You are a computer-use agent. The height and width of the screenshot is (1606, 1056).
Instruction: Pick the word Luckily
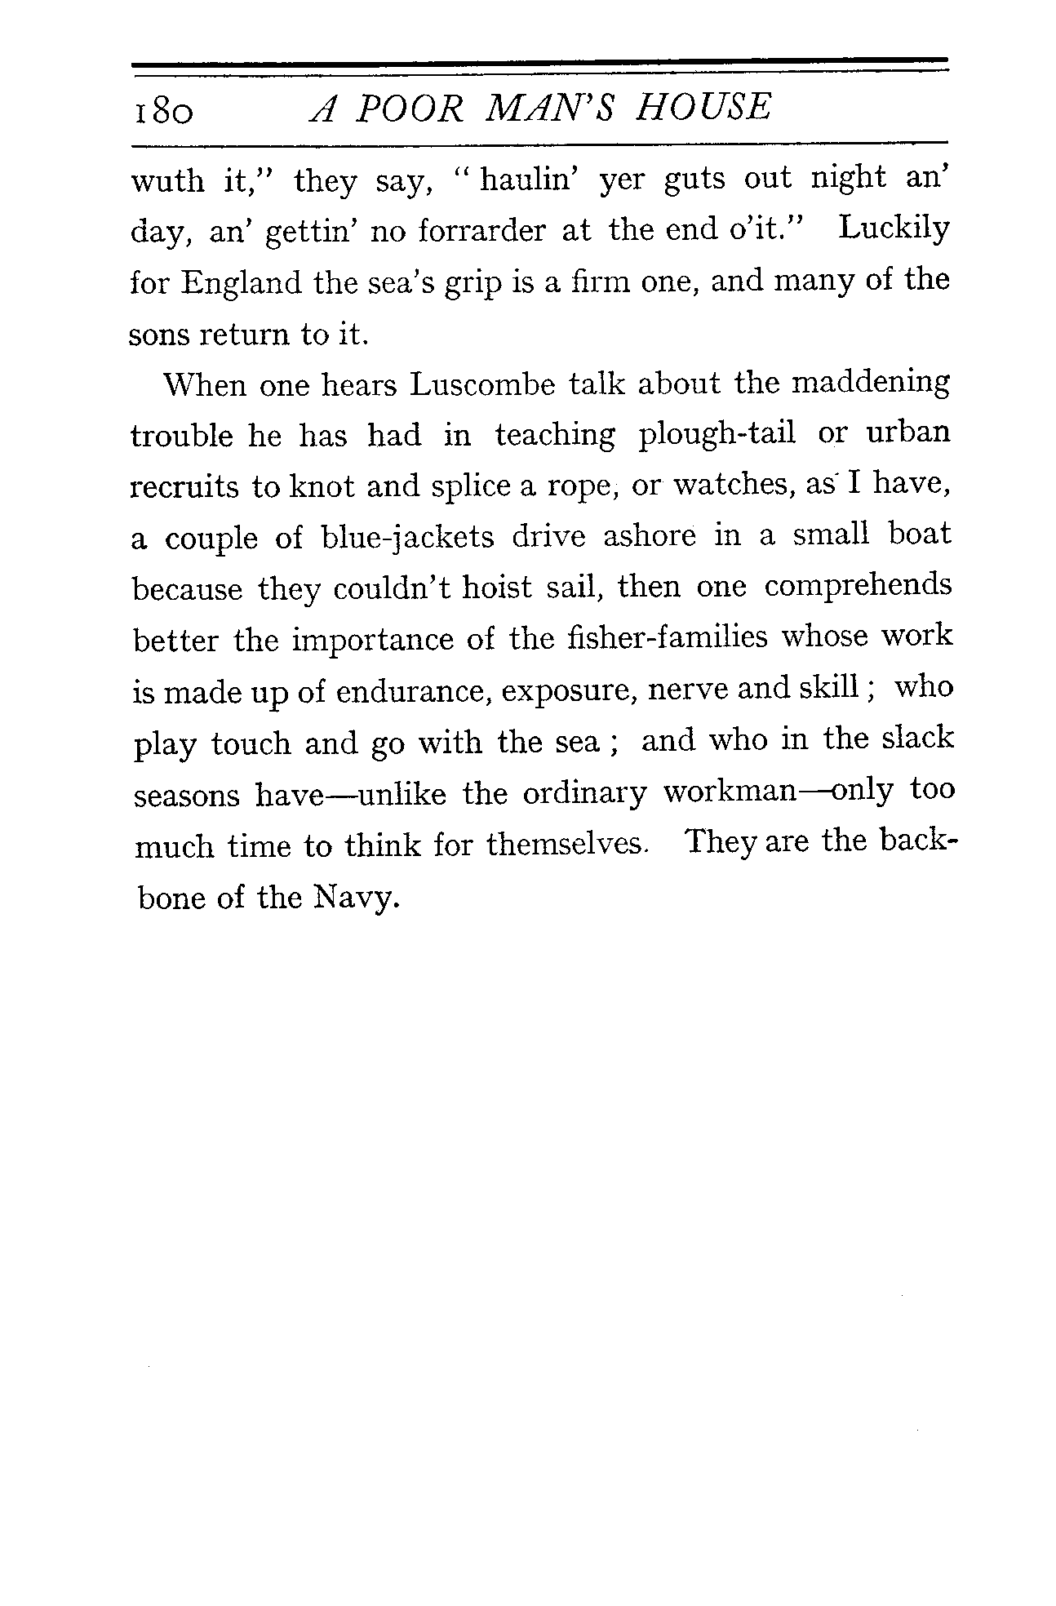pyautogui.click(x=894, y=229)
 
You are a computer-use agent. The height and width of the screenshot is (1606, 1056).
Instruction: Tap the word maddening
pyautogui.click(x=871, y=384)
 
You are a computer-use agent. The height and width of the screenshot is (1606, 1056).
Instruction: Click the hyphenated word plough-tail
pyautogui.click(x=717, y=434)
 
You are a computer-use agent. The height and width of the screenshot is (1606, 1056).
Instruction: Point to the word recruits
pyautogui.click(x=184, y=487)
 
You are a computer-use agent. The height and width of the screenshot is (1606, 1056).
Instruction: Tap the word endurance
pyautogui.click(x=412, y=691)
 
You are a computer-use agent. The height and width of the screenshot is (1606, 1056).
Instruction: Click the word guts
pyautogui.click(x=694, y=179)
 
